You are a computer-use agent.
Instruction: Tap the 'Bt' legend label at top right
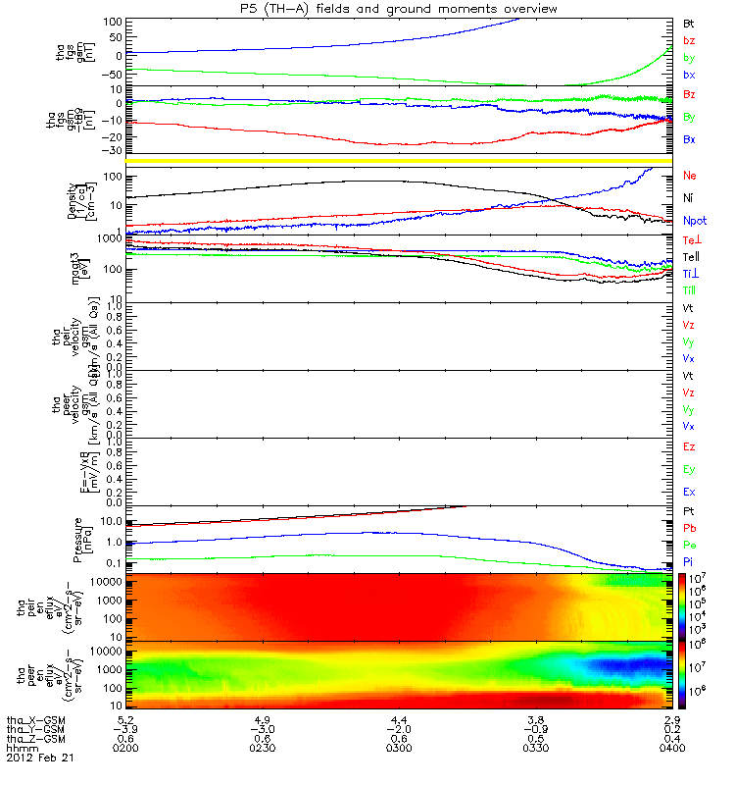click(x=690, y=23)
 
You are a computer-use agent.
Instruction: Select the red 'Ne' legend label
click(x=690, y=175)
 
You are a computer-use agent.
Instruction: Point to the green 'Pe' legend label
click(x=690, y=544)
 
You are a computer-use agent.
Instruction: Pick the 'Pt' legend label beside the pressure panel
click(x=690, y=512)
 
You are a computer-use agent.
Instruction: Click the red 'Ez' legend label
click(x=690, y=446)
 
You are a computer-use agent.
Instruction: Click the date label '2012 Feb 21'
click(x=39, y=759)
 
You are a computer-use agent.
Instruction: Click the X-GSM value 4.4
click(x=399, y=719)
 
